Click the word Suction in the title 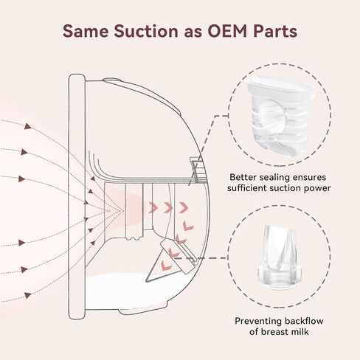coord(145,32)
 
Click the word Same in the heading coord(86,32)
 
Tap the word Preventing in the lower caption coord(258,321)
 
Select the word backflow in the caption coord(304,321)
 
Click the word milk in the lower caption coord(299,332)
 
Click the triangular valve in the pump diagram coord(170,260)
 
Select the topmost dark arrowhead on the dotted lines coord(28,126)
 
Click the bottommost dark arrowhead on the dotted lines coord(28,295)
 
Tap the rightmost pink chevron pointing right coord(184,208)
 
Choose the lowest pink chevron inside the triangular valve coord(165,265)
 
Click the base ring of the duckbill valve coord(280,276)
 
